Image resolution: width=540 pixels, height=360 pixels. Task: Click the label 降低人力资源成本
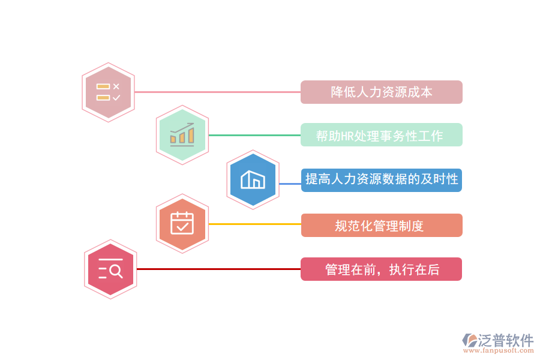[x=381, y=92]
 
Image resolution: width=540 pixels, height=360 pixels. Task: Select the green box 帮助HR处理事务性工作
[x=381, y=136]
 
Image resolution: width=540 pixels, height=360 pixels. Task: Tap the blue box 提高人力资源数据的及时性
[x=381, y=179]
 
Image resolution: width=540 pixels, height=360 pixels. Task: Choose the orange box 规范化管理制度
[x=381, y=226]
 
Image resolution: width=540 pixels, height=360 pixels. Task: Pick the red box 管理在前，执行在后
[x=381, y=269]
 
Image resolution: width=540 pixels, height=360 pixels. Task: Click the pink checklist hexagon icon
[x=108, y=92]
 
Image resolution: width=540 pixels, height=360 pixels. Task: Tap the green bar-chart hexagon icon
[x=182, y=135]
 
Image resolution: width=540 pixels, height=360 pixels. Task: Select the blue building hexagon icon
[x=253, y=179]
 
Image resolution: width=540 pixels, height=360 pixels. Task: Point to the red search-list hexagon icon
[x=110, y=269]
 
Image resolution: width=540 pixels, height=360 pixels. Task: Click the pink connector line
[x=216, y=92]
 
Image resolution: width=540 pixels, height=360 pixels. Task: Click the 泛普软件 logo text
[x=505, y=340]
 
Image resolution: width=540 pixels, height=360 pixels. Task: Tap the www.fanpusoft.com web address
[x=500, y=352]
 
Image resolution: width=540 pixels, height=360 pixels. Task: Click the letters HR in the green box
[x=347, y=136]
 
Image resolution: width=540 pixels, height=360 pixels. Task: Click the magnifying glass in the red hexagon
[x=116, y=272]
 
